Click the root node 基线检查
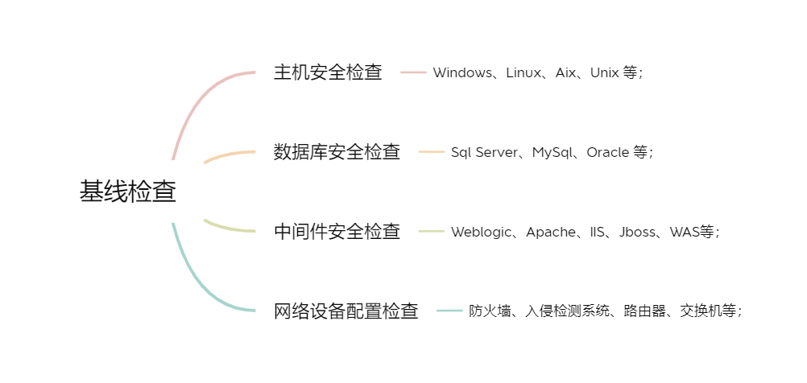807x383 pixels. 127,191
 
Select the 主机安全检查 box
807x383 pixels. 328,72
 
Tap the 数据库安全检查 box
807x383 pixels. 337,151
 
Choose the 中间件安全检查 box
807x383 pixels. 337,231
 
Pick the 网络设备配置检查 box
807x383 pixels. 346,311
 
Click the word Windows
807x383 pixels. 462,72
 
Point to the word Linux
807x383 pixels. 524,72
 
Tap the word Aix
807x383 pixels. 566,72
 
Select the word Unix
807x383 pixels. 604,72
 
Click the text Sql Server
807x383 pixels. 485,152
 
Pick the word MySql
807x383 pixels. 552,152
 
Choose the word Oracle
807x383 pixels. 607,152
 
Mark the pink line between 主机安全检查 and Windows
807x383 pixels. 413,72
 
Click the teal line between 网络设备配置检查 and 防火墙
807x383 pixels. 449,311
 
